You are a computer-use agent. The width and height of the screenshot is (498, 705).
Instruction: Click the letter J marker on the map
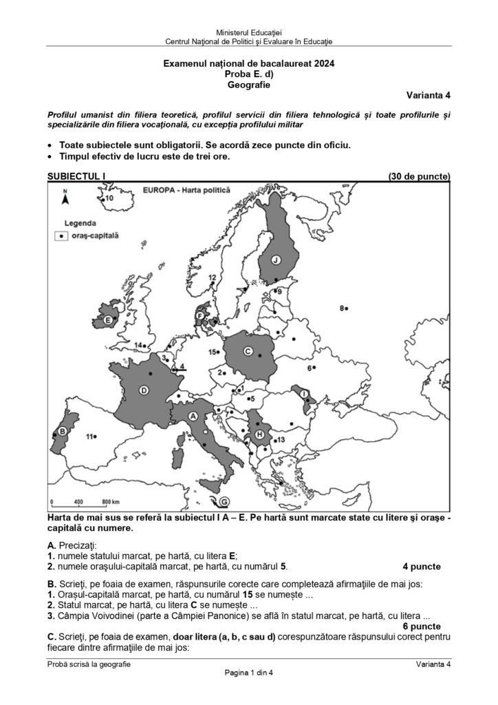pyautogui.click(x=275, y=260)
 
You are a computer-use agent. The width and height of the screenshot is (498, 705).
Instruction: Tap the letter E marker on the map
pyautogui.click(x=108, y=320)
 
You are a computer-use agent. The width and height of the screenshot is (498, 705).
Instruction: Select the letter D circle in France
pyautogui.click(x=144, y=390)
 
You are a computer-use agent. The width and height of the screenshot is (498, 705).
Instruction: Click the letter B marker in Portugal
pyautogui.click(x=61, y=432)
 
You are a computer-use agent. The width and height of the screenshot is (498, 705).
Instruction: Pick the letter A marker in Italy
pyautogui.click(x=193, y=416)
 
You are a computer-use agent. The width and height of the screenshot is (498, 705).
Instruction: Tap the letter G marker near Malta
pyautogui.click(x=225, y=501)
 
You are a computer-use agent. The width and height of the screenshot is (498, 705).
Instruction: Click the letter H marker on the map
pyautogui.click(x=259, y=435)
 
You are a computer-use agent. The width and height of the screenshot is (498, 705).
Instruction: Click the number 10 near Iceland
pyautogui.click(x=109, y=198)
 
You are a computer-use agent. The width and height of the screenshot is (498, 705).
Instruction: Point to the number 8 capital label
pyautogui.click(x=342, y=308)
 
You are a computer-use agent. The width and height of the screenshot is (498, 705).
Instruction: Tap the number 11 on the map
pyautogui.click(x=89, y=436)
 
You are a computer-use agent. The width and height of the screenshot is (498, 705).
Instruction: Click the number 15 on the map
pyautogui.click(x=213, y=352)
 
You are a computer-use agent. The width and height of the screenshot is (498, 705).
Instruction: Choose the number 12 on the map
pyautogui.click(x=212, y=277)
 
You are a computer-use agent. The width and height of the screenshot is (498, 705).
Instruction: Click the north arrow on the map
pyautogui.click(x=65, y=198)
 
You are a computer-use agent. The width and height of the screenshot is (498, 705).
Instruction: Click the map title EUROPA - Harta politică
pyautogui.click(x=186, y=189)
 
